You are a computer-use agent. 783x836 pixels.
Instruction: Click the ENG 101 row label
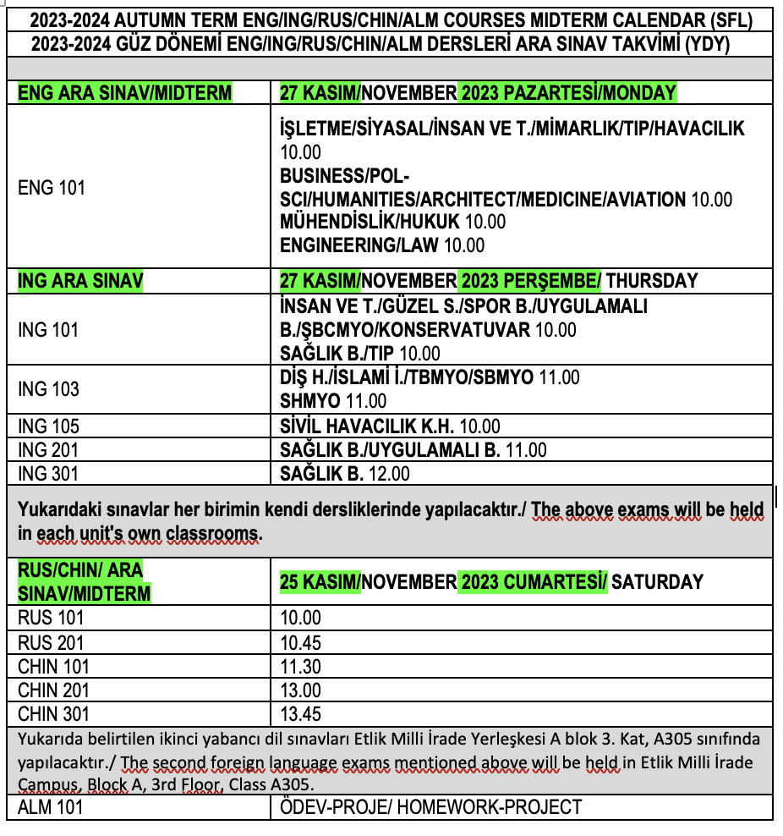(x=52, y=187)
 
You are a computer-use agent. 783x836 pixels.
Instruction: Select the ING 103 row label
(x=48, y=389)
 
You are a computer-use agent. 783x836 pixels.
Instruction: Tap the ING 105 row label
(x=48, y=426)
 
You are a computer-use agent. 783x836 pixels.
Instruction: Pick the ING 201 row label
(x=48, y=449)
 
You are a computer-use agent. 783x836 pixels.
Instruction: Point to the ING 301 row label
(x=48, y=473)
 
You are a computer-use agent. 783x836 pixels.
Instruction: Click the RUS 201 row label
(x=51, y=642)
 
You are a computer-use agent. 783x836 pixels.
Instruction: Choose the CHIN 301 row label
(x=53, y=713)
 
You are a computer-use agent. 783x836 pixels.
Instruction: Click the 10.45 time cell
(x=301, y=642)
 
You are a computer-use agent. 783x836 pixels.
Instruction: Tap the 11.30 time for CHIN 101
(x=301, y=666)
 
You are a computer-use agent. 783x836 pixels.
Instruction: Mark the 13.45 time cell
(x=301, y=713)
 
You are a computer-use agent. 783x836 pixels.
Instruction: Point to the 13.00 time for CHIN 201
(x=301, y=690)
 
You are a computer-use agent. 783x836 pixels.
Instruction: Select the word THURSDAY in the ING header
(x=652, y=280)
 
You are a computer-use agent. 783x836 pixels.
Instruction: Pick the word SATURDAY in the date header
(x=657, y=581)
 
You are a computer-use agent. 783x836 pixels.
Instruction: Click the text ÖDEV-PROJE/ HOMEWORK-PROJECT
(x=430, y=807)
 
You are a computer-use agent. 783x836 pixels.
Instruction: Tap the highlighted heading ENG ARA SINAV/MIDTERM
(x=124, y=93)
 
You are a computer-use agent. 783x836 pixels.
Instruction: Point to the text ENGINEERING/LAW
(x=359, y=245)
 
